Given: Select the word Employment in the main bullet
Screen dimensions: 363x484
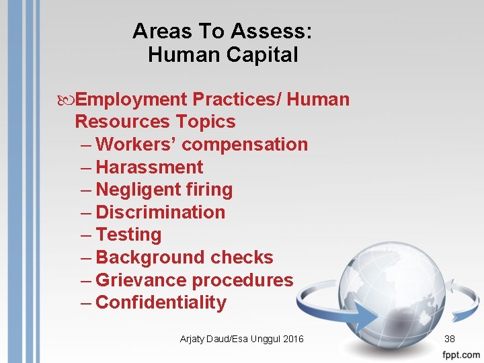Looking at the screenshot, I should pyautogui.click(x=131, y=99).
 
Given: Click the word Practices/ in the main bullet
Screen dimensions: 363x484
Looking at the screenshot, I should pyautogui.click(x=239, y=99).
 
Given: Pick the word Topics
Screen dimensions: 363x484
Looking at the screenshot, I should pyautogui.click(x=206, y=122).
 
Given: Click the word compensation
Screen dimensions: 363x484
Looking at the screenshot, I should pyautogui.click(x=245, y=145).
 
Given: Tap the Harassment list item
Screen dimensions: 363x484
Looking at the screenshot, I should pyautogui.click(x=149, y=167).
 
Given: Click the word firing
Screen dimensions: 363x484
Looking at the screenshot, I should pyautogui.click(x=208, y=190).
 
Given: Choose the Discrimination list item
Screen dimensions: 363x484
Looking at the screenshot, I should pyautogui.click(x=161, y=212).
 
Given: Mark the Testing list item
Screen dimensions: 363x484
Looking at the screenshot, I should pyautogui.click(x=128, y=235).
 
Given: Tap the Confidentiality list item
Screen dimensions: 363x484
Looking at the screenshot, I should pyautogui.click(x=161, y=302).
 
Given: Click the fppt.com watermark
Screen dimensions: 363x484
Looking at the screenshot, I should pyautogui.click(x=461, y=354).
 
